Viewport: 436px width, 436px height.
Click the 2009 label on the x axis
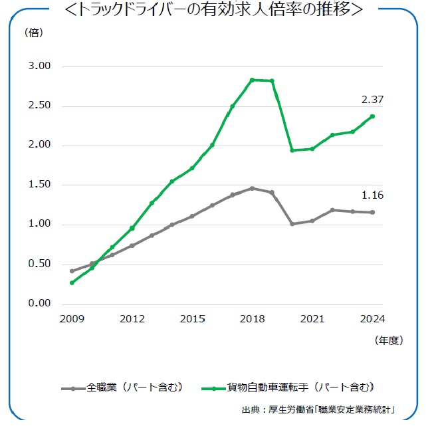(72, 318)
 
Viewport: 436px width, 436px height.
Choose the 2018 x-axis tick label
(253, 318)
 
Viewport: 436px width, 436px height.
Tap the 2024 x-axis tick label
(373, 318)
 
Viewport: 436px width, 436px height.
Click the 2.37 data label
(372, 100)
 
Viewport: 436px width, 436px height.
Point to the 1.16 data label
(372, 195)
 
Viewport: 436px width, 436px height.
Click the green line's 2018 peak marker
(253, 80)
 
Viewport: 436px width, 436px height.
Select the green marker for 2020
(292, 150)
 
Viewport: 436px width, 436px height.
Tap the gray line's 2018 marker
(253, 188)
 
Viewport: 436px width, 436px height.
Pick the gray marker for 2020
(292, 224)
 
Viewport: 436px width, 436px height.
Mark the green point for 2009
(72, 282)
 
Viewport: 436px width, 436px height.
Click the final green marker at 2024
(373, 116)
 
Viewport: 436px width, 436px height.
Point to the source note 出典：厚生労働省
(319, 410)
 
